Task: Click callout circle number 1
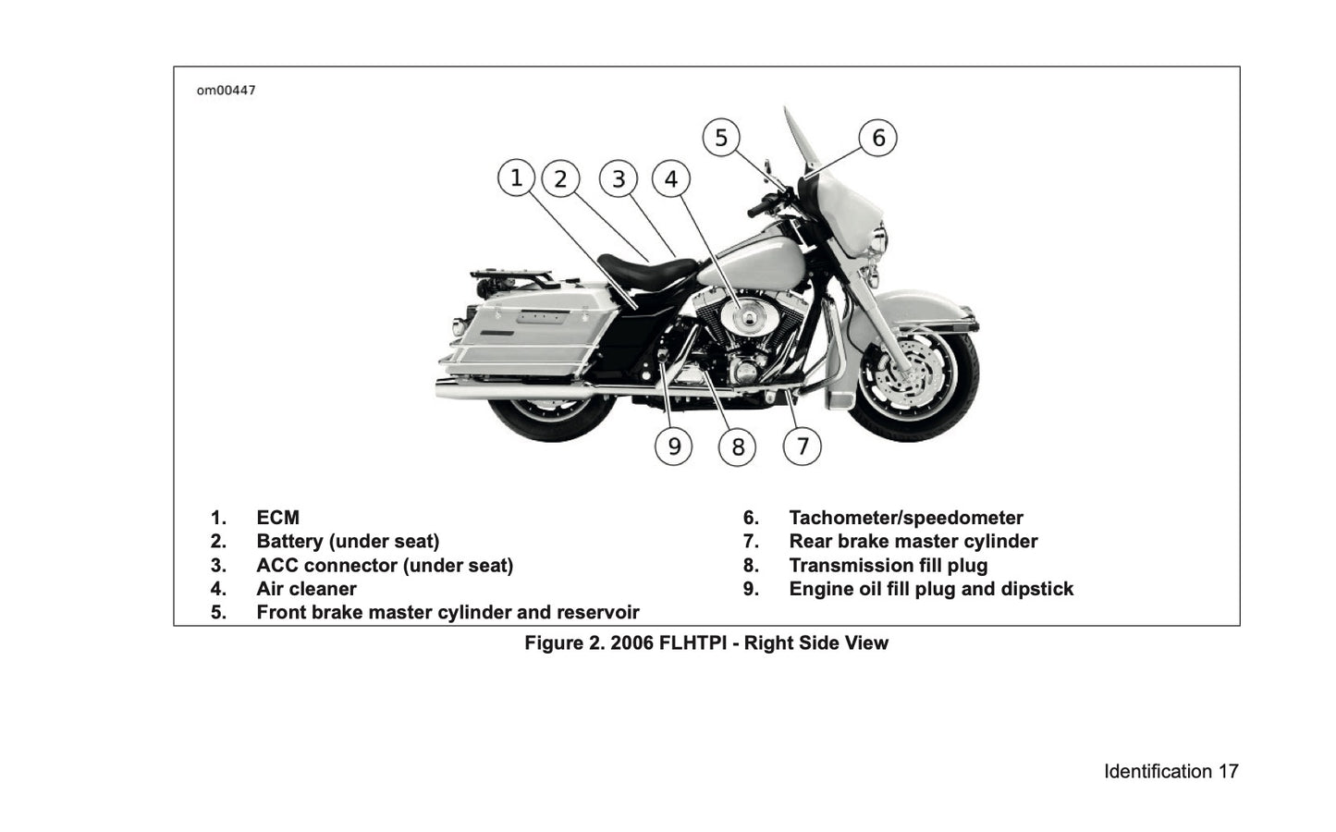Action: pyautogui.click(x=516, y=177)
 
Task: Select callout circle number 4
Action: pyautogui.click(x=671, y=178)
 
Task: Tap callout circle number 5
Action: pyautogui.click(x=721, y=138)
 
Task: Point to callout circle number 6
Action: pyautogui.click(x=878, y=138)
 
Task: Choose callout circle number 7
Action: pyautogui.click(x=803, y=447)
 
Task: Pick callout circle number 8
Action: pyautogui.click(x=738, y=447)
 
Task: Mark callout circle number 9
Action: pyautogui.click(x=674, y=447)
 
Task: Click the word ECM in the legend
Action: pyautogui.click(x=277, y=518)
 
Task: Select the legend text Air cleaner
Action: pyautogui.click(x=306, y=589)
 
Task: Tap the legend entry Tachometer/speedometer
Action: pyautogui.click(x=906, y=518)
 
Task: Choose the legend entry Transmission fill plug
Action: pyautogui.click(x=888, y=565)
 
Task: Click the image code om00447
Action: pyautogui.click(x=226, y=91)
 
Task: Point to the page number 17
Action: pyautogui.click(x=1227, y=771)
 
